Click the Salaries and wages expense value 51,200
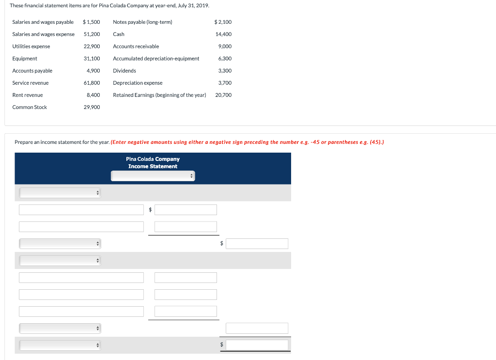pos(92,34)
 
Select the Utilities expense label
pos(31,47)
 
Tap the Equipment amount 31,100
pos(92,59)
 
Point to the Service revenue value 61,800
pos(92,83)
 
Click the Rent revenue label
pos(28,95)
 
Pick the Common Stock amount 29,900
pos(92,107)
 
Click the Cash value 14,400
pos(223,34)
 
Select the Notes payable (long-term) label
pos(142,22)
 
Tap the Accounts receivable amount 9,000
pos(225,47)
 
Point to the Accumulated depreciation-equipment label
pos(156,59)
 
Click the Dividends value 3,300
pos(225,71)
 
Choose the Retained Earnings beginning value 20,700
pos(223,95)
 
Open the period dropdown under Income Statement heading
pos(153,176)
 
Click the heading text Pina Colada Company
pos(153,159)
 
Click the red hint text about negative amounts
pos(248,142)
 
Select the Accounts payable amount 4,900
pos(93,71)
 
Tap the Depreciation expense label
pos(138,83)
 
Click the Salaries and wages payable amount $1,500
pos(92,22)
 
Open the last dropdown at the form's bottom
pos(60,345)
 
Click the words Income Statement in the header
pos(153,166)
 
